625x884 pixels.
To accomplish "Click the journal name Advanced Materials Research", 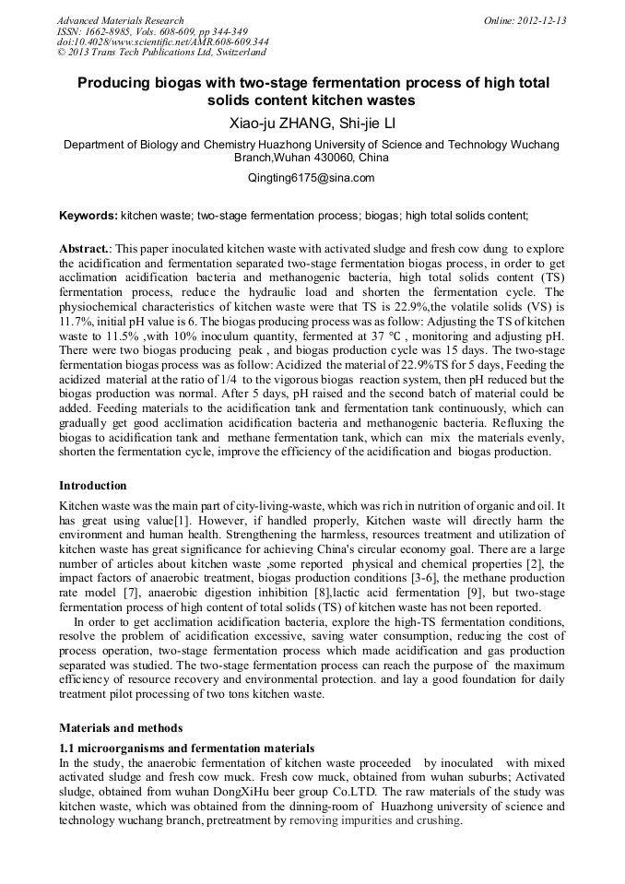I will point(120,20).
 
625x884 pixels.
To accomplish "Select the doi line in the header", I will point(162,41).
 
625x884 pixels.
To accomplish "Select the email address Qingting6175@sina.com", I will point(312,178).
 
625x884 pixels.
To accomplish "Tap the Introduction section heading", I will point(93,486).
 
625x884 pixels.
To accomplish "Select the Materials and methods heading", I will point(121,727).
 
